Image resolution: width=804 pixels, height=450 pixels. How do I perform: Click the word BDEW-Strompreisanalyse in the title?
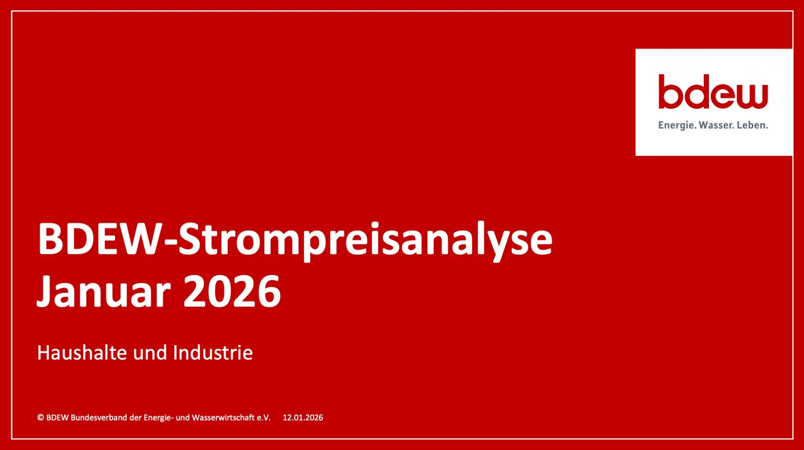click(x=295, y=239)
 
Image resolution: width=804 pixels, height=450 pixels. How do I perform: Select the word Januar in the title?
click(x=104, y=292)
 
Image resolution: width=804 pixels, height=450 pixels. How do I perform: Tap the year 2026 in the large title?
click(x=232, y=292)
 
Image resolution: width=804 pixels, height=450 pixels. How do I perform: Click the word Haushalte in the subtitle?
click(x=82, y=352)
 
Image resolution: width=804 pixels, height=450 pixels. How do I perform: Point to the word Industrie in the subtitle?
click(x=213, y=352)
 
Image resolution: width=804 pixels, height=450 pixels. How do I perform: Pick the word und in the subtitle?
click(x=150, y=353)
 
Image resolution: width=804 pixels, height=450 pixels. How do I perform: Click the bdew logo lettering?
click(x=713, y=92)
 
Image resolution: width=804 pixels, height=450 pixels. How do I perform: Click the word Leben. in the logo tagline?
click(x=752, y=125)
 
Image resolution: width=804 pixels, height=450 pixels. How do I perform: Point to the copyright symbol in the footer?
click(x=41, y=417)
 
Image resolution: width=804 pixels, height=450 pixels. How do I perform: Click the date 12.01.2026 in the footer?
click(x=303, y=417)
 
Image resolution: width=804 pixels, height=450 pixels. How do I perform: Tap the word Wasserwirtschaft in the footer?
click(x=223, y=417)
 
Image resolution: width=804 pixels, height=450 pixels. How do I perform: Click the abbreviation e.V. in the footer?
click(x=264, y=417)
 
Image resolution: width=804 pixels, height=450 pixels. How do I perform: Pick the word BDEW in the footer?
click(x=57, y=417)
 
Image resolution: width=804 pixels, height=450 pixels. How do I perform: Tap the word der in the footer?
click(x=135, y=417)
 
